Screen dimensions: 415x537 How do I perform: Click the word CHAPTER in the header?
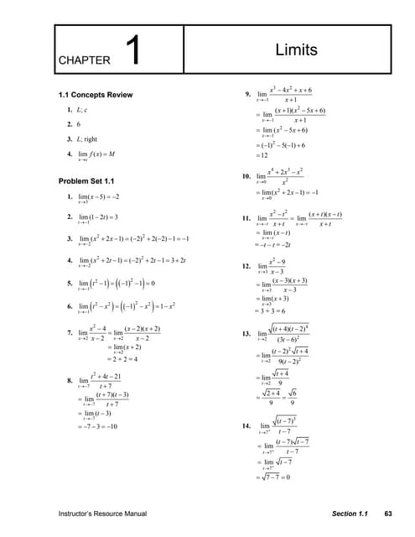pos(85,60)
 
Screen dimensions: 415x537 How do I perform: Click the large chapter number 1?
pos(133,51)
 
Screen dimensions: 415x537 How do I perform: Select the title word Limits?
pos(296,50)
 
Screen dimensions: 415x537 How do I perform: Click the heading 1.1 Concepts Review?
pos(96,95)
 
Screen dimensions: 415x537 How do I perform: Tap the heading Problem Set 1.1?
pos(86,181)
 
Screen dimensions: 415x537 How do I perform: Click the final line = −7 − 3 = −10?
pos(98,426)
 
